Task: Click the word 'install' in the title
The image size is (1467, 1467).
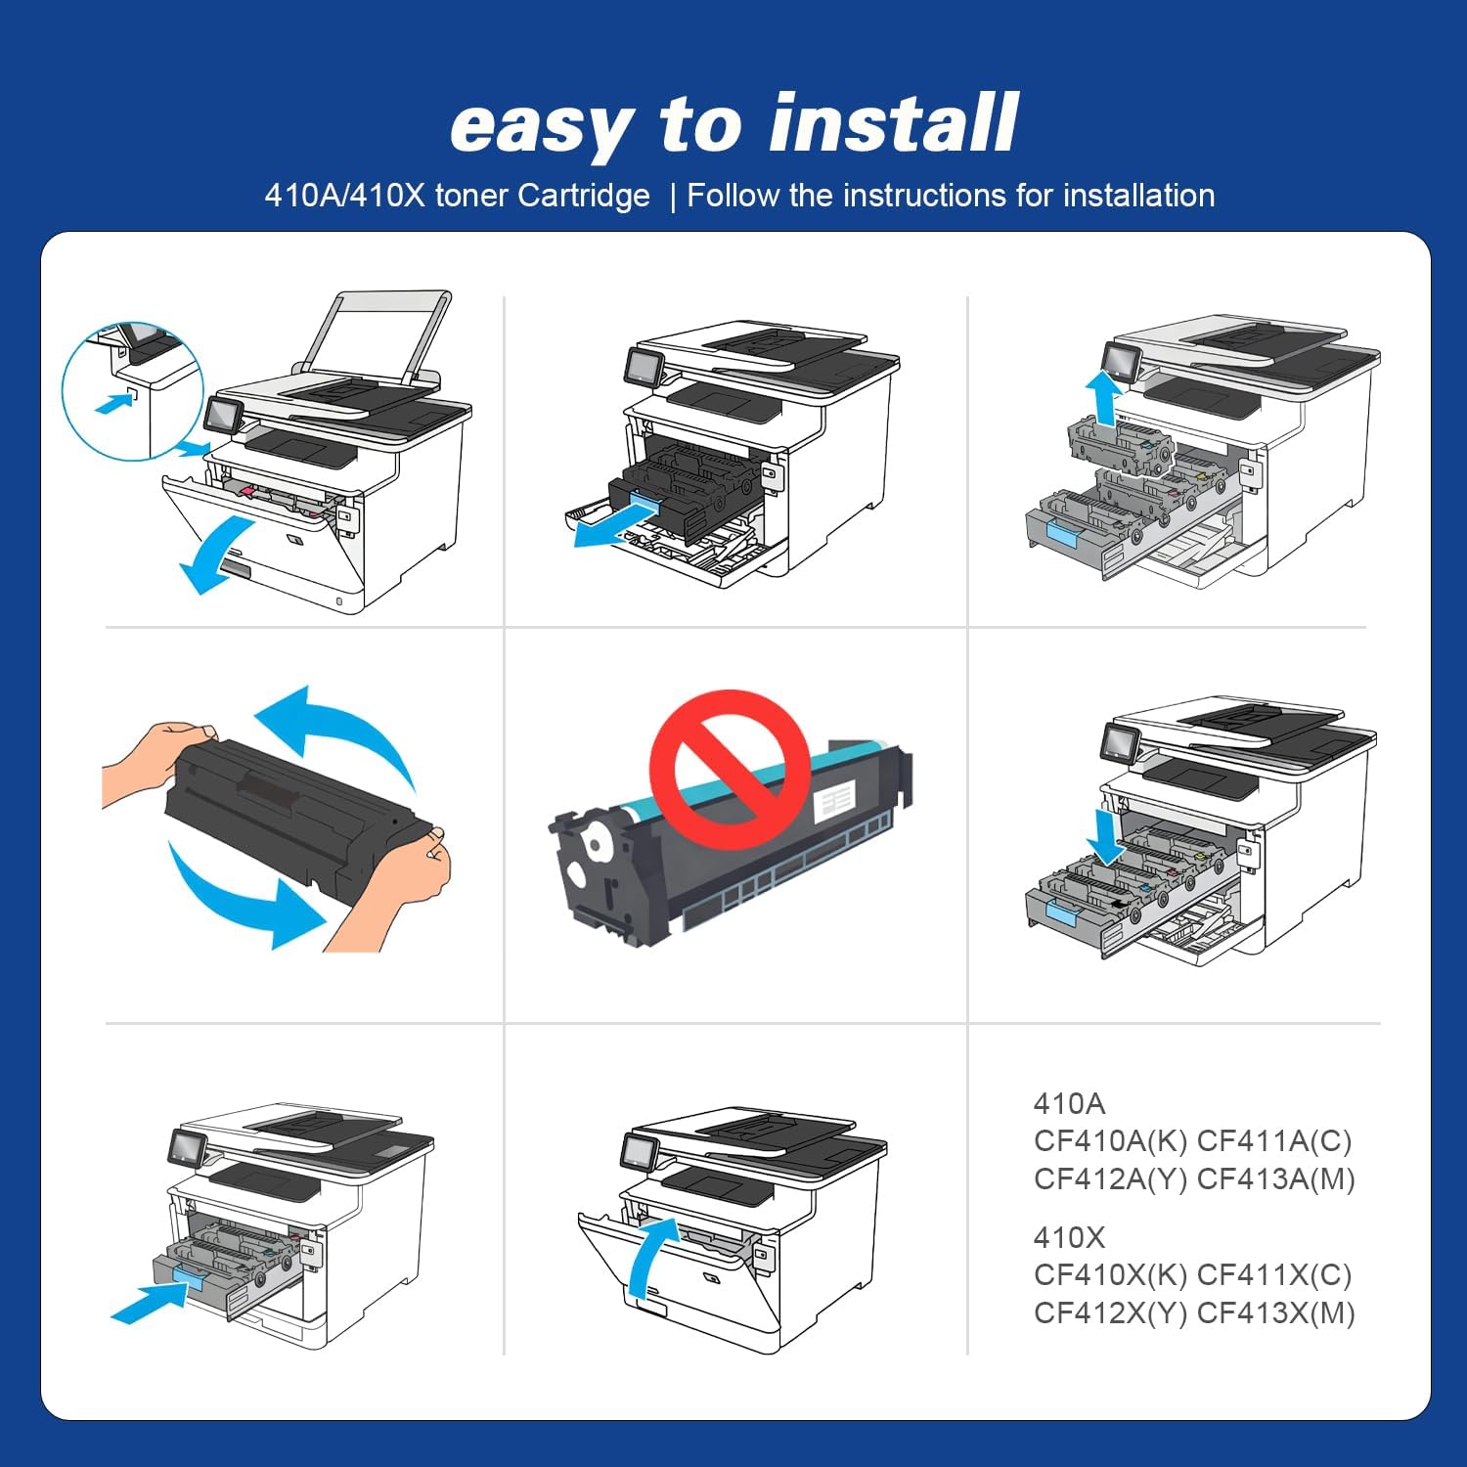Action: [x=893, y=124]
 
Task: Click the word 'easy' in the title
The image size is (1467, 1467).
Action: [x=541, y=127]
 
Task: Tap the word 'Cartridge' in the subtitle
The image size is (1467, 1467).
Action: [x=583, y=196]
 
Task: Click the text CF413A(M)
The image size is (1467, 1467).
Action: [x=1275, y=1179]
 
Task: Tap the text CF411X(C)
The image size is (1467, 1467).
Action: [x=1275, y=1275]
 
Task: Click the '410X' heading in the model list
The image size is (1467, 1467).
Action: [x=1069, y=1238]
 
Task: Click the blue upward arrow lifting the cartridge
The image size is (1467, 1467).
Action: [x=1105, y=397]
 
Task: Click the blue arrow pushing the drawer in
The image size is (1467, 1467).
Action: [x=149, y=1305]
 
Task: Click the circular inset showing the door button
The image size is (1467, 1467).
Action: [x=132, y=391]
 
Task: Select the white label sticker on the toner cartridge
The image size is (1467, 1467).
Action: [x=834, y=801]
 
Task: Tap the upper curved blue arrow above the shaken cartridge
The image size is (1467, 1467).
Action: [x=337, y=733]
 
